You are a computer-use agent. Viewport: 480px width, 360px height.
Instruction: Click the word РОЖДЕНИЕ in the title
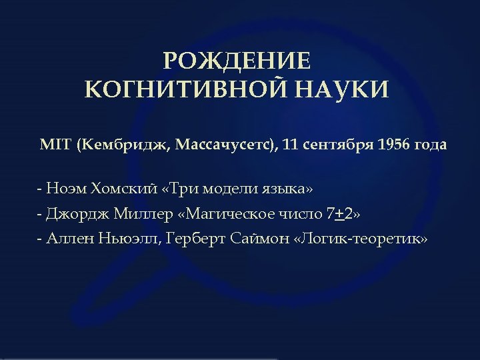tap(237, 61)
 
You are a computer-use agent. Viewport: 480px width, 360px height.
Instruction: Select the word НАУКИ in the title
tap(345, 89)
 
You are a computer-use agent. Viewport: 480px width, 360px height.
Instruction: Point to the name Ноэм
tap(67, 189)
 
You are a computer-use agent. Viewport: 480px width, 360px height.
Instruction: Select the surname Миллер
tap(139, 214)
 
